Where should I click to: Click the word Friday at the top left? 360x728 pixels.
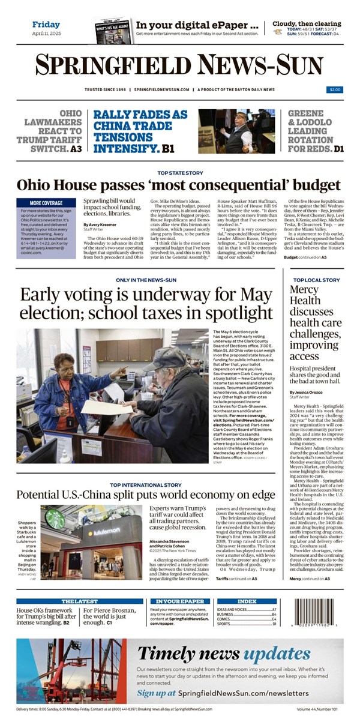point(46,25)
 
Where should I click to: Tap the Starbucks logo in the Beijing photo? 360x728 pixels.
point(55,519)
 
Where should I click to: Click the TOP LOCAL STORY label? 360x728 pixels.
point(316,280)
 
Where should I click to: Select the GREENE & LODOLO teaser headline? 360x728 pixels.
point(316,130)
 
